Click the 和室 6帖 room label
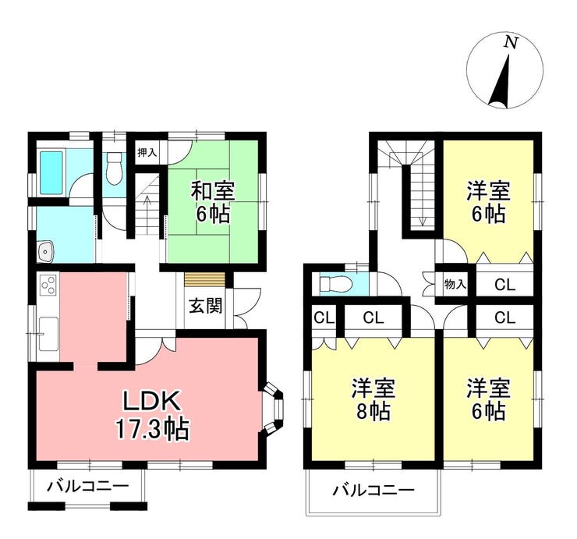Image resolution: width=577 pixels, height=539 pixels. pos(213,203)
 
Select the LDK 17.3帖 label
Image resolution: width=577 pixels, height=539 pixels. pos(152,414)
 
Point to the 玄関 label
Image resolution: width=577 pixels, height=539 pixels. pos(206,305)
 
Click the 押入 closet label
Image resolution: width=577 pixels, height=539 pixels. pos(147,152)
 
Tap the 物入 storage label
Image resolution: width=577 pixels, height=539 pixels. pos(455,284)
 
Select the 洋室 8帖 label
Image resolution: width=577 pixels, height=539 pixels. pos(373,399)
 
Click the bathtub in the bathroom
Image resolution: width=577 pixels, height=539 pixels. pos(51,172)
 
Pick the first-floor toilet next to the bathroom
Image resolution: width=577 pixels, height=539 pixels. pos(114,168)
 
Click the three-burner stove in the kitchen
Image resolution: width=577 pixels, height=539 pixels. pos(48,285)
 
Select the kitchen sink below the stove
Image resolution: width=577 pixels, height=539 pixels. pos(48,334)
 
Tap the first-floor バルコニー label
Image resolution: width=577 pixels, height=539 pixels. pos(87,487)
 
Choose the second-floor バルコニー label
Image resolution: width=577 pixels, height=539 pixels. pos(373,491)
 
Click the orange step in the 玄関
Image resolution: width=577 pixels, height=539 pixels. pos(204,279)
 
